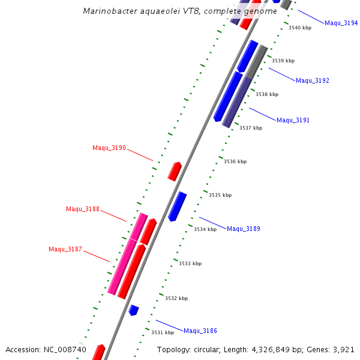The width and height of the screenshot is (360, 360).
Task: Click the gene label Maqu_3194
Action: (x=341, y=23)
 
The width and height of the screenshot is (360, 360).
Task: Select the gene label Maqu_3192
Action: (x=312, y=80)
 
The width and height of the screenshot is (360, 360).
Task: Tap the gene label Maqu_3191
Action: (x=293, y=120)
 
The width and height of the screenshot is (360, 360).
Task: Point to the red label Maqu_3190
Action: (x=109, y=148)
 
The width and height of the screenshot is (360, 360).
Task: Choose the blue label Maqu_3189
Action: (x=243, y=229)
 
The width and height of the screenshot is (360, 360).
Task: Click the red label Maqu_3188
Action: (x=83, y=209)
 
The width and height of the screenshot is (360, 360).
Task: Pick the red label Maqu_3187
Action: (x=65, y=249)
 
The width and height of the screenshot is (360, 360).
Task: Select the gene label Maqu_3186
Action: (x=200, y=331)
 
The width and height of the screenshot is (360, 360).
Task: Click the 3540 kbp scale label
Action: (x=300, y=28)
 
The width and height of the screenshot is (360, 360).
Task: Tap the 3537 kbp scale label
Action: (x=251, y=128)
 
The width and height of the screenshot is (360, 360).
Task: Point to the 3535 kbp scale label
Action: (x=220, y=195)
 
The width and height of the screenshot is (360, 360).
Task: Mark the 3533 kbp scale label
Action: (x=190, y=263)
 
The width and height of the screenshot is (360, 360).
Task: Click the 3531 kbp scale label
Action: (x=162, y=332)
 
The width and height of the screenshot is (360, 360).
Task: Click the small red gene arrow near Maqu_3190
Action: (x=175, y=171)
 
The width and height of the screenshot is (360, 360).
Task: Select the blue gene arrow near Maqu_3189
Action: (x=178, y=206)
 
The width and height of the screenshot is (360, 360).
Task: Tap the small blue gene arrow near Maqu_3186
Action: (x=134, y=310)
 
